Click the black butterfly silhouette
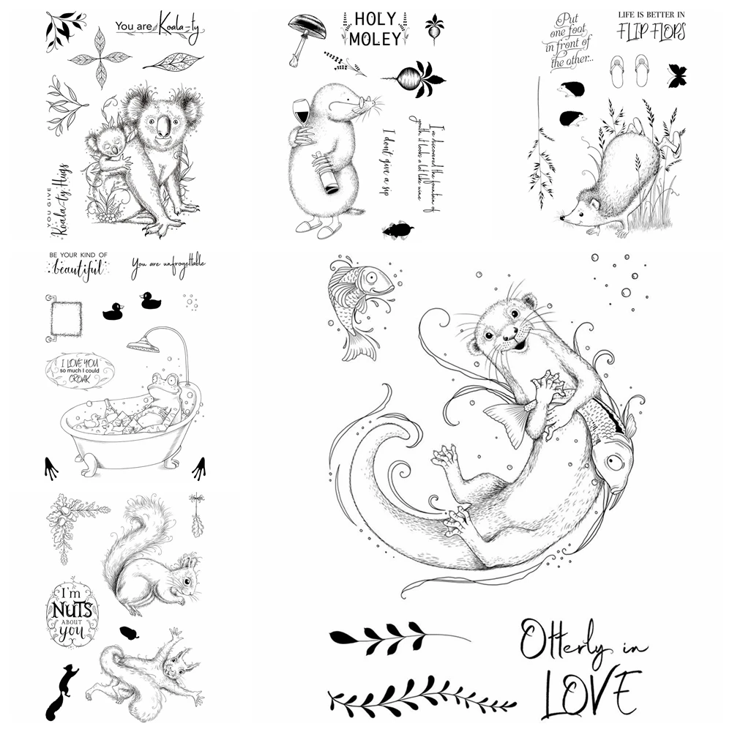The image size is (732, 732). coord(677,74)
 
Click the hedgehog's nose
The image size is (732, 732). coord(561,217)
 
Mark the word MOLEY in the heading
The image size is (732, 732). coord(375,39)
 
